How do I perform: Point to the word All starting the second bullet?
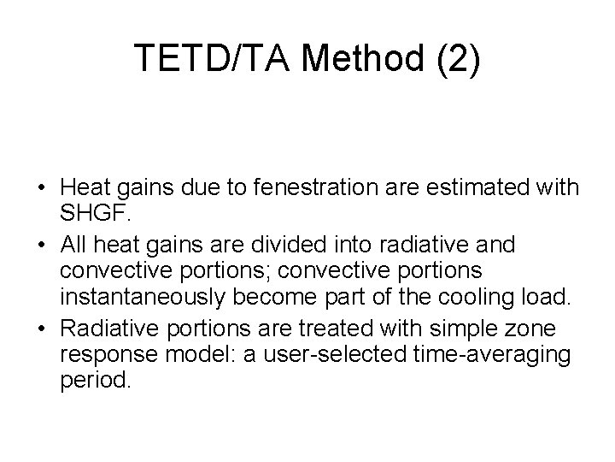click(73, 246)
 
